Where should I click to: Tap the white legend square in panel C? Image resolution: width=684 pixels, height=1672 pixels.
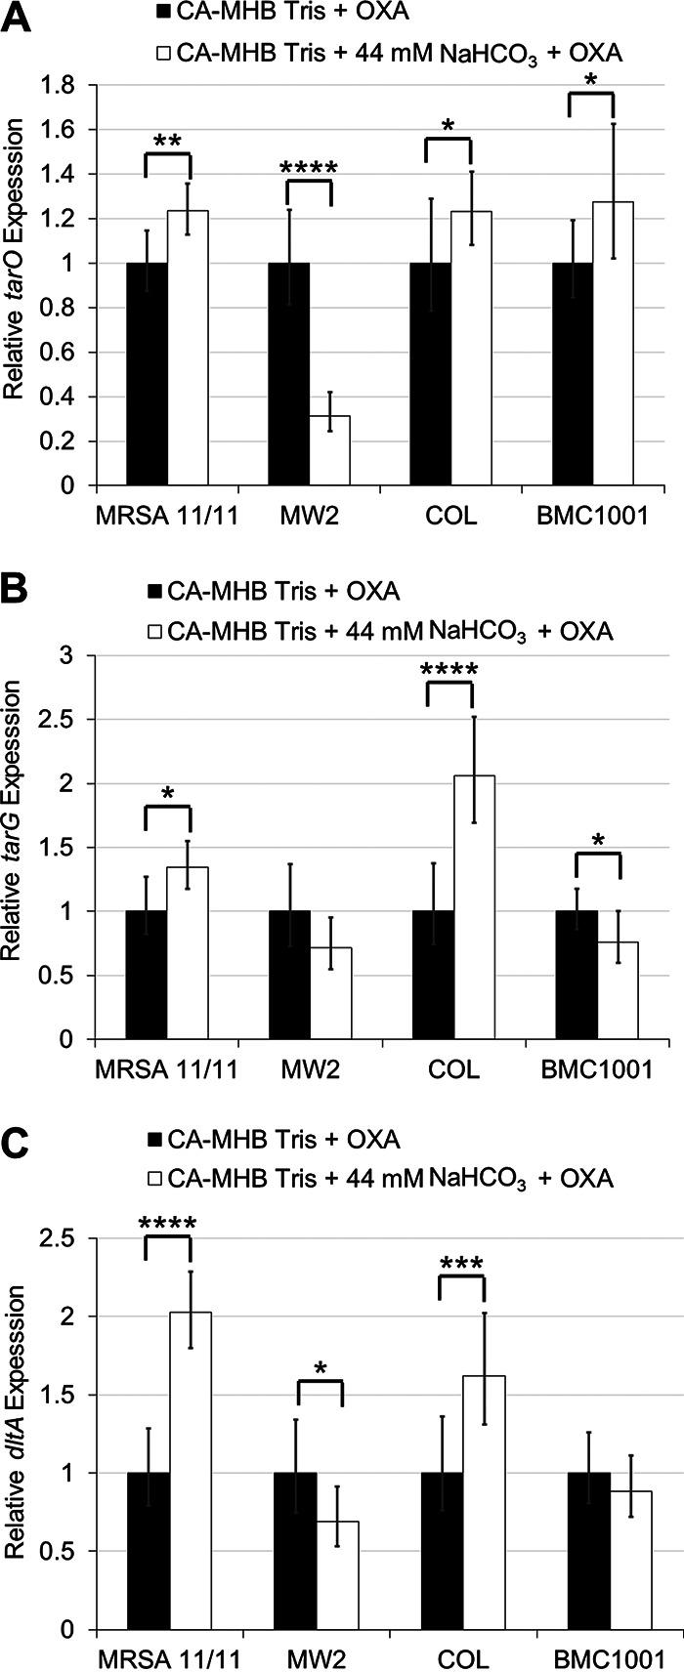click(152, 1179)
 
